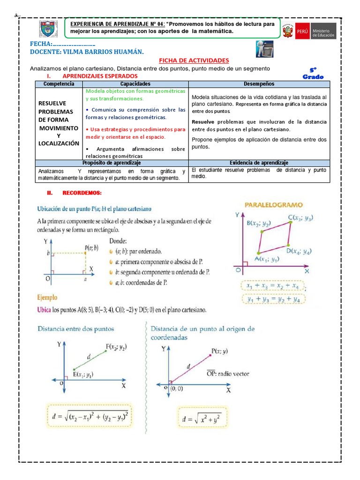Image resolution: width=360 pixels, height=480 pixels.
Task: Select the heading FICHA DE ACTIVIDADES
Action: [194, 60]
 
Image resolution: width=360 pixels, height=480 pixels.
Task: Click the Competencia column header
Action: [59, 84]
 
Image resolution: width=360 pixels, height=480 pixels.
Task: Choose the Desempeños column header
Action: [259, 84]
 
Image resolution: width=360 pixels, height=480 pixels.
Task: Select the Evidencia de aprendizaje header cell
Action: [259, 162]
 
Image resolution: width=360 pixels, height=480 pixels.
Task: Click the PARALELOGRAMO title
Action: [274, 205]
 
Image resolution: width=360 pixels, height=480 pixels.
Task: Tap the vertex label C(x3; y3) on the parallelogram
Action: [300, 217]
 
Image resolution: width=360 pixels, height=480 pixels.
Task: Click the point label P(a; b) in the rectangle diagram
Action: [92, 247]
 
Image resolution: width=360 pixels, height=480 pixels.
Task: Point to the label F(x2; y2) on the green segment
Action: [116, 347]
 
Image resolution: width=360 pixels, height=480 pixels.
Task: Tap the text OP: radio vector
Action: [228, 374]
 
